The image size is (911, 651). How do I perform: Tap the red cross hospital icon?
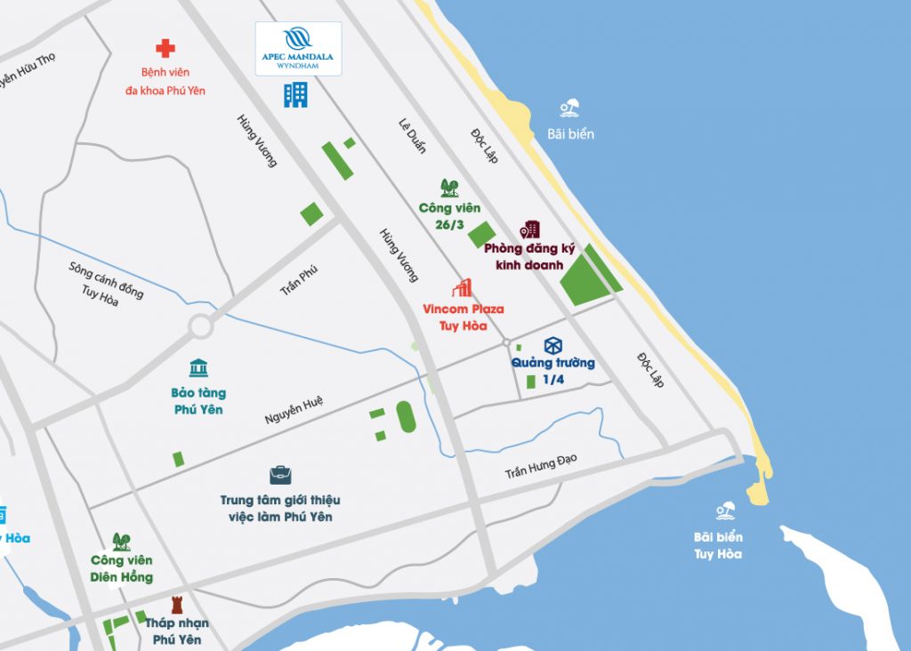pyautogui.click(x=165, y=48)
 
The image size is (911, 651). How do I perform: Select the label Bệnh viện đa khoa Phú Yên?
pyautogui.click(x=165, y=81)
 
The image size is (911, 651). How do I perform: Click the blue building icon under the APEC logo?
pyautogui.click(x=295, y=94)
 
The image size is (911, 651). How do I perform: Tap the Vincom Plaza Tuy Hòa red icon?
pyautogui.click(x=462, y=287)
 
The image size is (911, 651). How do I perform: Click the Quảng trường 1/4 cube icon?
pyautogui.click(x=553, y=346)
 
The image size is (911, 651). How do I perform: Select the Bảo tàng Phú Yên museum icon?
pyautogui.click(x=198, y=368)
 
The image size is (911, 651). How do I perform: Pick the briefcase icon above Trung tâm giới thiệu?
pyautogui.click(x=280, y=476)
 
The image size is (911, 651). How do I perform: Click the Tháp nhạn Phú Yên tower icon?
pyautogui.click(x=175, y=605)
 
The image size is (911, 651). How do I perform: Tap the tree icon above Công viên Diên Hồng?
pyautogui.click(x=121, y=541)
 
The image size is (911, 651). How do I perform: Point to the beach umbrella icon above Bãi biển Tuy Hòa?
pyautogui.click(x=726, y=511)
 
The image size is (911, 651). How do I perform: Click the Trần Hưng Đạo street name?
pyautogui.click(x=541, y=465)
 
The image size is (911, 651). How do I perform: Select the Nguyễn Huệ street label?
pyautogui.click(x=294, y=412)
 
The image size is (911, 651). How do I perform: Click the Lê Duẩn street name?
pyautogui.click(x=413, y=135)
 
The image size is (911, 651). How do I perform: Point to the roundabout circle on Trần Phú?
pyautogui.click(x=200, y=325)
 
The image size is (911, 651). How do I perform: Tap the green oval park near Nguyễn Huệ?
pyautogui.click(x=406, y=416)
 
